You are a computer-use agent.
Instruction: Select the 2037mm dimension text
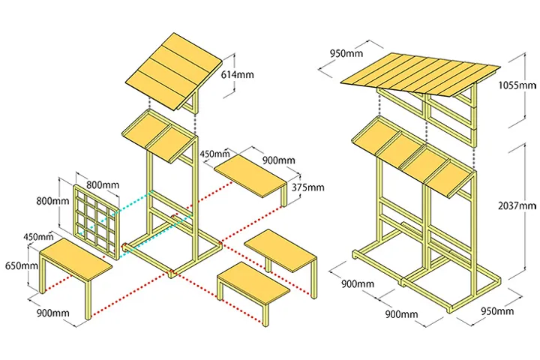click(517, 205)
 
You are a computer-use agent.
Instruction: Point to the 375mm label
click(308, 187)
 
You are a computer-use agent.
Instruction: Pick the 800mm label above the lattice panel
click(102, 184)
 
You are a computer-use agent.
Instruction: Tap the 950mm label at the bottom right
click(496, 311)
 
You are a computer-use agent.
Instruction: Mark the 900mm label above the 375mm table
click(278, 160)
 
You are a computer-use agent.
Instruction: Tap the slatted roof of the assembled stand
click(420, 75)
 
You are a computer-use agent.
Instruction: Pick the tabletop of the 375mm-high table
click(251, 175)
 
